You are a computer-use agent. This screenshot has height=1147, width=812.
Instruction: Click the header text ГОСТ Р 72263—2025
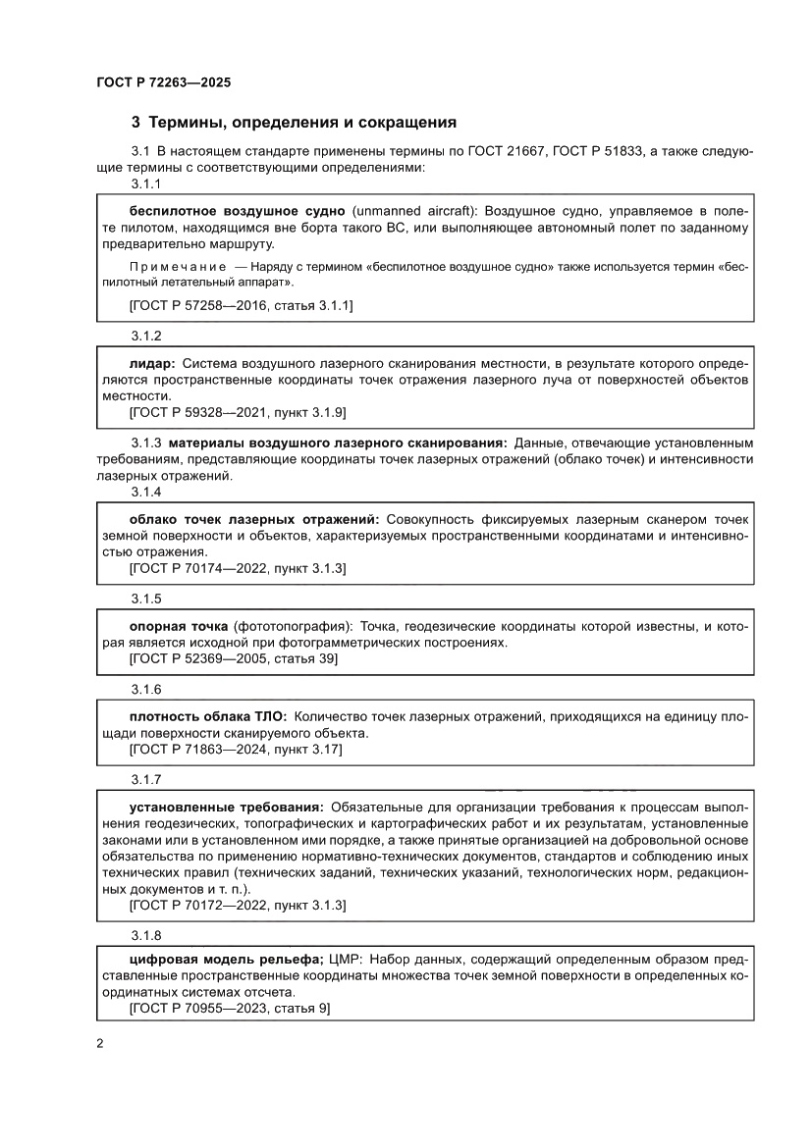tap(164, 83)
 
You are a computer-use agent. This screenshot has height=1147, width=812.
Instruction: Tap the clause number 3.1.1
tap(146, 183)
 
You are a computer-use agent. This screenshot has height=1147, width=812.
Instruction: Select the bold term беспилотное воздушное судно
tap(237, 212)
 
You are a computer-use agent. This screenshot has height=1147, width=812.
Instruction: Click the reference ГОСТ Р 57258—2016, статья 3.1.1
tap(241, 305)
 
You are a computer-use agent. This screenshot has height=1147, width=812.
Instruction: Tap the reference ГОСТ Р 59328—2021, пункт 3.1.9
tap(237, 412)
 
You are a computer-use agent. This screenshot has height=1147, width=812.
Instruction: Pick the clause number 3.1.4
tap(146, 491)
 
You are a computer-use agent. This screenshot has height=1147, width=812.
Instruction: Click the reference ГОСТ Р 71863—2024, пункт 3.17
tap(236, 750)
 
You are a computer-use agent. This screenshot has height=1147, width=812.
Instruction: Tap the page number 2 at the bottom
tap(100, 1043)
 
